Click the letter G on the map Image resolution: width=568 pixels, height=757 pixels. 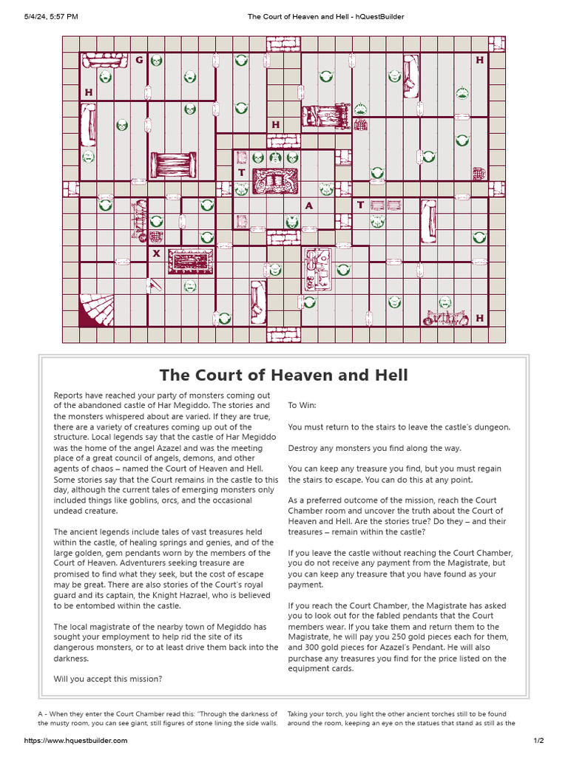pyautogui.click(x=139, y=60)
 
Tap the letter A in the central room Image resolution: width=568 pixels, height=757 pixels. pyautogui.click(x=309, y=206)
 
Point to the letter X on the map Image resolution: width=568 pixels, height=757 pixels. pyautogui.click(x=156, y=254)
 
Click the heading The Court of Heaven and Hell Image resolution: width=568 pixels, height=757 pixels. pyautogui.click(x=283, y=375)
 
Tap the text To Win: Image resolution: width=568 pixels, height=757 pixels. pyautogui.click(x=302, y=406)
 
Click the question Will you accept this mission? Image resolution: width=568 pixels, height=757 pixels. pyautogui.click(x=107, y=679)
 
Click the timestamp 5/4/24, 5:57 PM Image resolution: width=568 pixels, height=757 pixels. pyautogui.click(x=51, y=16)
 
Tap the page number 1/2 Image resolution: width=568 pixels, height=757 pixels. pyautogui.click(x=538, y=741)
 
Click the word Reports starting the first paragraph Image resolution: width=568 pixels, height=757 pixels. pyautogui.click(x=70, y=396)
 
